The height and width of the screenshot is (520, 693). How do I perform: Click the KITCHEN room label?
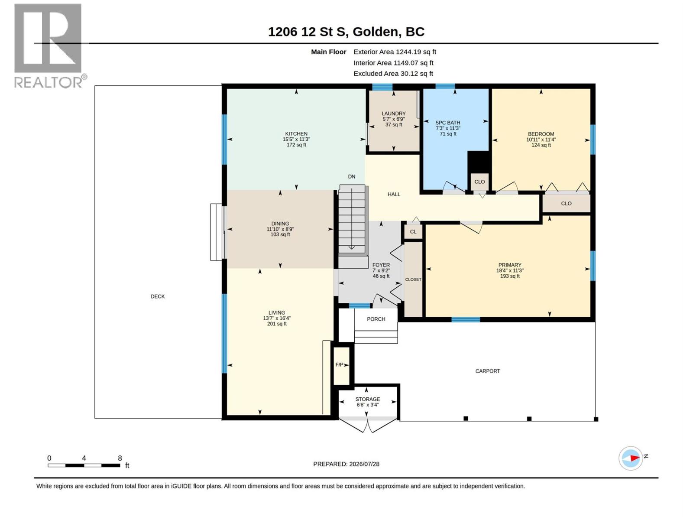tap(296, 134)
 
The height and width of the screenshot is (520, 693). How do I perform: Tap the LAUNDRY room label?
tap(393, 114)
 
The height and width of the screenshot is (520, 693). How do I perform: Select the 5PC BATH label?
tap(448, 123)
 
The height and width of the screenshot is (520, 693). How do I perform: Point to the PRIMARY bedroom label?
tap(509, 265)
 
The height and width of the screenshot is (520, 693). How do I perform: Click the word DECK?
tap(158, 296)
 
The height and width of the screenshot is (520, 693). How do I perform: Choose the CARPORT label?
tap(487, 371)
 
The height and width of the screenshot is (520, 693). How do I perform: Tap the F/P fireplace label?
tap(339, 365)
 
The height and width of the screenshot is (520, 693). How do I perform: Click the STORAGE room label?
tap(367, 399)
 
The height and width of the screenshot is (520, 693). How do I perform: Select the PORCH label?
tap(376, 319)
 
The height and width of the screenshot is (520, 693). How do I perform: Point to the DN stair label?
tap(351, 176)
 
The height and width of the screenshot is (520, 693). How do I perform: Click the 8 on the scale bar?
tap(120, 458)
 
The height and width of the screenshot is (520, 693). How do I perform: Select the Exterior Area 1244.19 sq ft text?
tap(395, 52)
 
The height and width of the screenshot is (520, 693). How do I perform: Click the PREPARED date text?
tap(346, 464)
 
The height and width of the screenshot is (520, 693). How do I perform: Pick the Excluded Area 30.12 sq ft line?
tap(393, 74)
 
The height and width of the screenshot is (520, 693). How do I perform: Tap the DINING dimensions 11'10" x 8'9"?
tap(280, 229)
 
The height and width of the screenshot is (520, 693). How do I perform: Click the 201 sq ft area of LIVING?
tap(277, 324)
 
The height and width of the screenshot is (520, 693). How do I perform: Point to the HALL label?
tap(394, 194)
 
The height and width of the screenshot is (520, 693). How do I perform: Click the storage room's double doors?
tap(368, 425)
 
